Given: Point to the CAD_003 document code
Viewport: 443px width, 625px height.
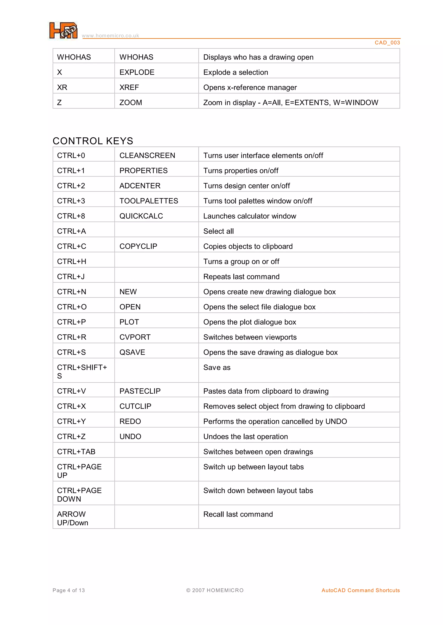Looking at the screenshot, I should [x=387, y=43].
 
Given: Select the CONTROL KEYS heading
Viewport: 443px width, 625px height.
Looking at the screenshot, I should [x=93, y=141].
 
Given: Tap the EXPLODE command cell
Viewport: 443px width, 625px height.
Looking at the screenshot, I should [x=137, y=72].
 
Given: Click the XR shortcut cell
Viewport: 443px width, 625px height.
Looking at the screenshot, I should [x=62, y=87].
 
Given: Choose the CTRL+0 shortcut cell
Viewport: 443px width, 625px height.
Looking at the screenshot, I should [x=71, y=156].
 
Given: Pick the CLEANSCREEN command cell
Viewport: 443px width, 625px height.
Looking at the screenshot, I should [x=147, y=156].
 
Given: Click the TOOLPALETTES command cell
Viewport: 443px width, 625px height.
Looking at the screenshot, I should [x=149, y=201].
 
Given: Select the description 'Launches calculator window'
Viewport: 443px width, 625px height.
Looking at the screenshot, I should [x=250, y=216].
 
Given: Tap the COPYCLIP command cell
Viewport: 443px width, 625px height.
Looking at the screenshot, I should [x=138, y=246].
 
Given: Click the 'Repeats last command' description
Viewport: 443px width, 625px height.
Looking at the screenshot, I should [x=241, y=277].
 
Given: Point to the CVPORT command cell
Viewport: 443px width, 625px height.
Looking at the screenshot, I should [x=135, y=337].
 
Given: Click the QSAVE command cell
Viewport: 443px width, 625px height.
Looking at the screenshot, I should [x=132, y=352].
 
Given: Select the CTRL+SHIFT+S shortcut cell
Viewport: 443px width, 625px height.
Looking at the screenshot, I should [x=82, y=371].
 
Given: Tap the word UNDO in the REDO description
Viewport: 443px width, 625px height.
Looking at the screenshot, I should [x=336, y=421].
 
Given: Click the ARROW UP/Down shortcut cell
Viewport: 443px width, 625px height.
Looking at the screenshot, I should [x=72, y=518].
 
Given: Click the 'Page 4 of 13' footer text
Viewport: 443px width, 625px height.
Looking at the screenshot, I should [x=69, y=590].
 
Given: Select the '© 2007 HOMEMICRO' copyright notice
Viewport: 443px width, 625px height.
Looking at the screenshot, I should [x=215, y=590].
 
